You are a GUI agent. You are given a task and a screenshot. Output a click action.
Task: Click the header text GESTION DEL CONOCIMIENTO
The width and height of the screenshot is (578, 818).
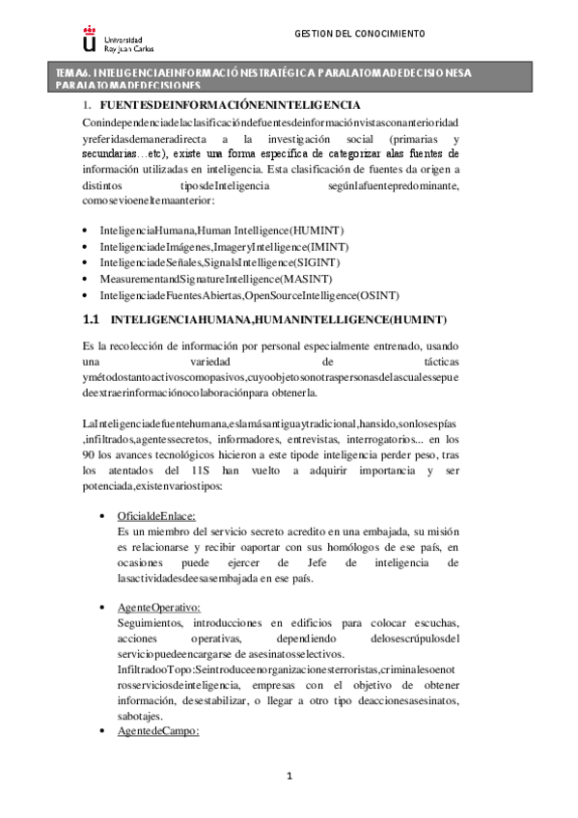pyautogui.click(x=359, y=33)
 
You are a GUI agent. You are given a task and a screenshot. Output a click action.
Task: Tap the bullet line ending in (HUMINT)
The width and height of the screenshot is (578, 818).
pyautogui.click(x=221, y=232)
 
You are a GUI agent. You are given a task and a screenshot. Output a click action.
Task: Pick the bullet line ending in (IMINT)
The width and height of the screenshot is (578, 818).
pyautogui.click(x=223, y=248)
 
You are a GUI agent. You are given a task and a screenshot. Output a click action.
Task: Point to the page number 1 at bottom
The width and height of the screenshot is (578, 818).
pyautogui.click(x=289, y=777)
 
